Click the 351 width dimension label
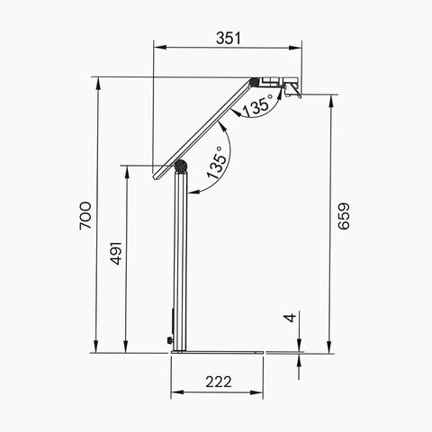tap(229, 39)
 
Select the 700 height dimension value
tap(85, 216)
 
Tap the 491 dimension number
tap(116, 253)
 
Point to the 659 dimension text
tap(344, 216)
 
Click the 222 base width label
tap(219, 382)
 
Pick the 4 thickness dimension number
tap(290, 318)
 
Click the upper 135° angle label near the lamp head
tap(257, 105)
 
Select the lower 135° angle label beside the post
tap(218, 163)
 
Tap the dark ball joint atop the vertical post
tap(181, 166)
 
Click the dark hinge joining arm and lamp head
tap(255, 82)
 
